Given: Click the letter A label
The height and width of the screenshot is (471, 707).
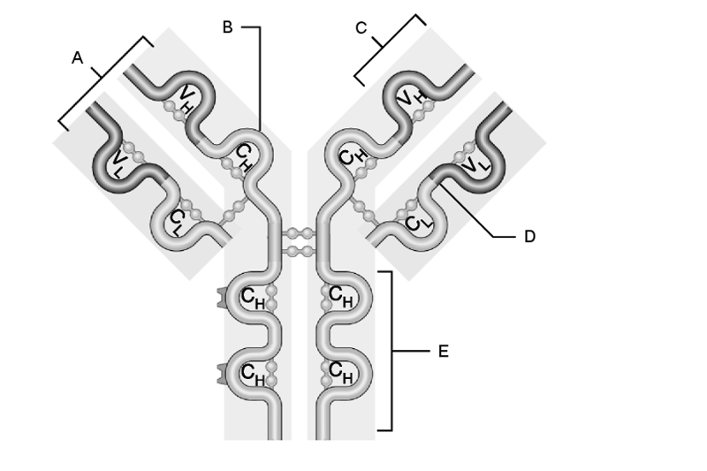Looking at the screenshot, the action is (78, 57).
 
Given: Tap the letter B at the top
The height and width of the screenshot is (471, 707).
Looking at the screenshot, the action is (228, 27).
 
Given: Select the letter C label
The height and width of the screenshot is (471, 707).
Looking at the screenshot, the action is (361, 28).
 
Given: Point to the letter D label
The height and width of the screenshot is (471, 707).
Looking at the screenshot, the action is (529, 236).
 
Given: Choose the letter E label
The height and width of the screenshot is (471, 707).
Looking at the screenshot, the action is (444, 351).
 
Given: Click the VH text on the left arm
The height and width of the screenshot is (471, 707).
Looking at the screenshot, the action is (186, 100).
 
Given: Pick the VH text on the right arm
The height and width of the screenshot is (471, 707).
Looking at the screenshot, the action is (412, 97).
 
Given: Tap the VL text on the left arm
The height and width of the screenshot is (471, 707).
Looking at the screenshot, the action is (118, 163).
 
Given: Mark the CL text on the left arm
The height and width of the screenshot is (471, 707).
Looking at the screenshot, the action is (176, 223).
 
